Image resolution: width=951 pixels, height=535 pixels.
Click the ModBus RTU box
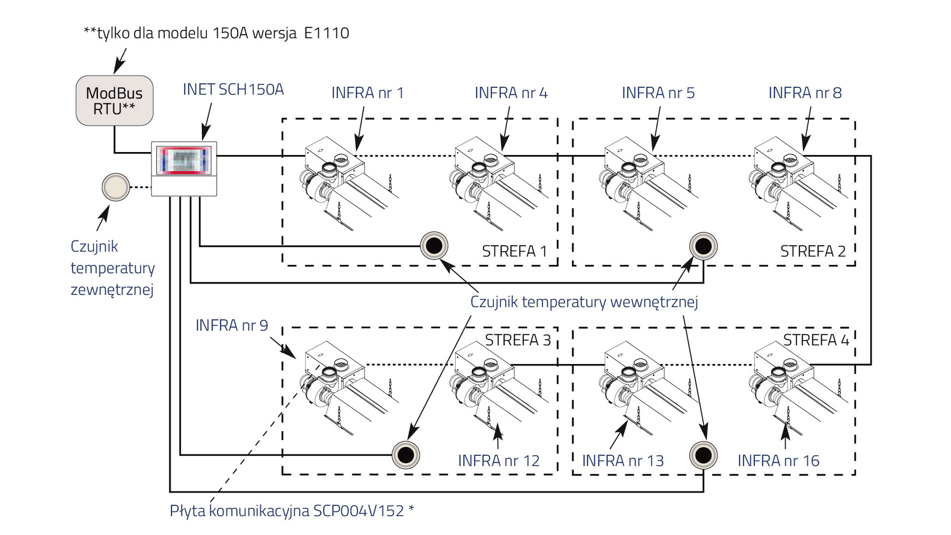coord(114,101)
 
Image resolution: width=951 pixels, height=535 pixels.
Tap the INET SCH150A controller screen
coord(184,160)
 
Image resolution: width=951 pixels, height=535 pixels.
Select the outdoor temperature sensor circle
coord(115,187)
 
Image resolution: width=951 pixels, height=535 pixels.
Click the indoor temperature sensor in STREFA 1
coord(434,246)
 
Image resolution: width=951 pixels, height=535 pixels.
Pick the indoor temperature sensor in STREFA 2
coord(703,246)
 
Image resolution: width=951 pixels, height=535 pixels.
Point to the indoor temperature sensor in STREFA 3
coord(406,455)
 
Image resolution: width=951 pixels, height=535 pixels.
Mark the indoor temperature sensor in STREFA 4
coord(703,455)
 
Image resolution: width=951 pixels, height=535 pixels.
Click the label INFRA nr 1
coord(368,93)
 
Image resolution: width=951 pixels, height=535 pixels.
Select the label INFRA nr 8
coord(805,93)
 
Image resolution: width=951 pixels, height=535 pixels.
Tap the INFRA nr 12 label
coord(499,461)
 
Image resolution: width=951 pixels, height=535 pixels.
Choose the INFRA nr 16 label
coord(779,461)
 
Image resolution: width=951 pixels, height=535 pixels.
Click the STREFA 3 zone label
coord(518,340)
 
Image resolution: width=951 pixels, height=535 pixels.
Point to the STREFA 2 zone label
coord(813,252)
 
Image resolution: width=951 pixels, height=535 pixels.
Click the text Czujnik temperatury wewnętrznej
coord(584,302)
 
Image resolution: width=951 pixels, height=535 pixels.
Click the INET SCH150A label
coord(233,90)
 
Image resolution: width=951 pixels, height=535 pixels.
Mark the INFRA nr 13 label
coord(623,461)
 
